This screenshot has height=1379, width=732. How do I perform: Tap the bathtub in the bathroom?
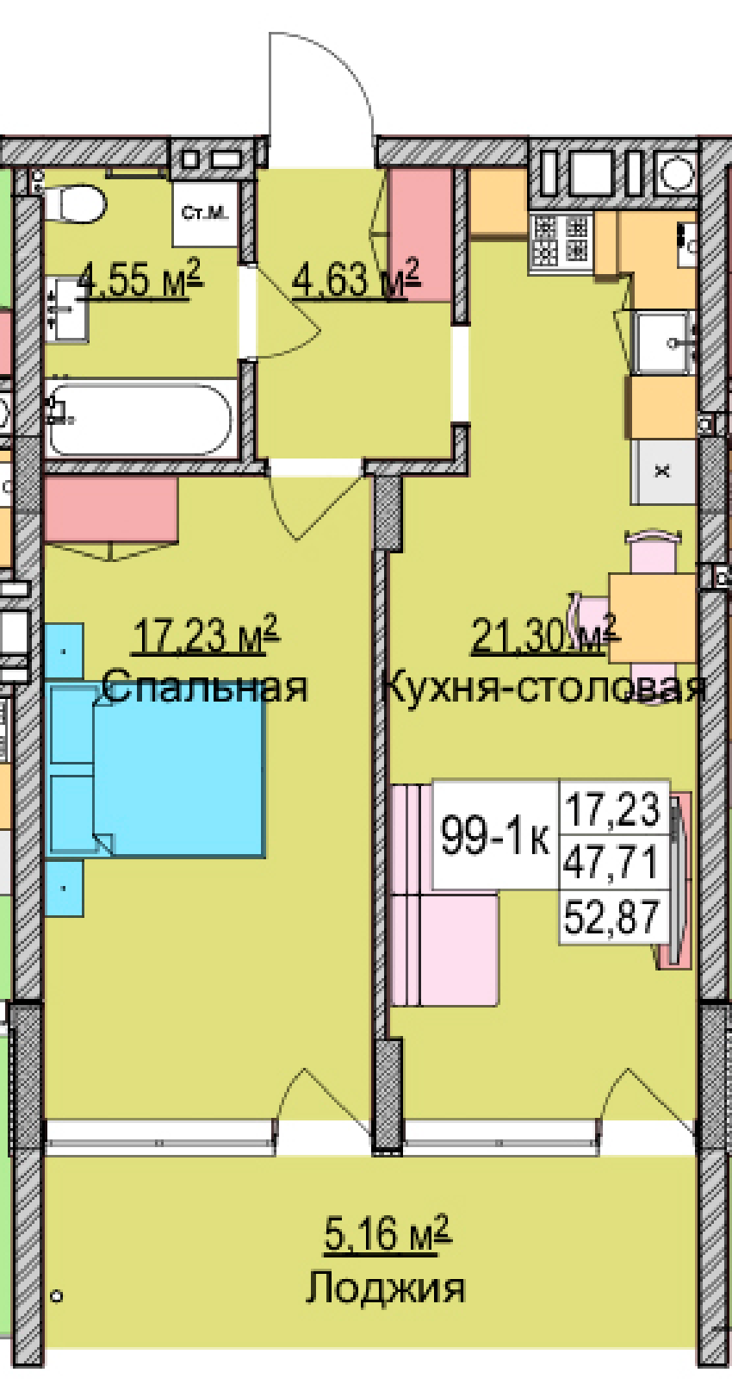click(x=141, y=419)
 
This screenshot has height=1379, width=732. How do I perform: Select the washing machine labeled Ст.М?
click(x=205, y=213)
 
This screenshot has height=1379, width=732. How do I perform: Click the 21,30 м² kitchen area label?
click(x=543, y=634)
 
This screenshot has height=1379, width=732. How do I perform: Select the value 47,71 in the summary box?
click(x=612, y=863)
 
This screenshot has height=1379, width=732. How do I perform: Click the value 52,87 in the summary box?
click(x=612, y=917)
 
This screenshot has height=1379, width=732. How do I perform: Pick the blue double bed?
click(x=158, y=772)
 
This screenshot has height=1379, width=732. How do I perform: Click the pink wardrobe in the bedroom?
click(x=111, y=509)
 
